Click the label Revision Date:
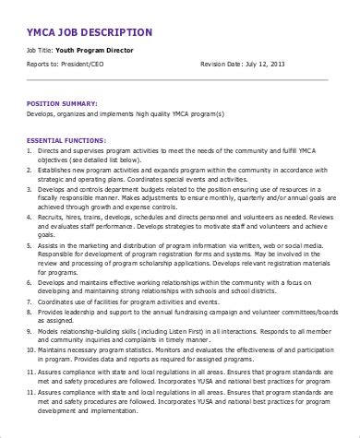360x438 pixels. point(222,65)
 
